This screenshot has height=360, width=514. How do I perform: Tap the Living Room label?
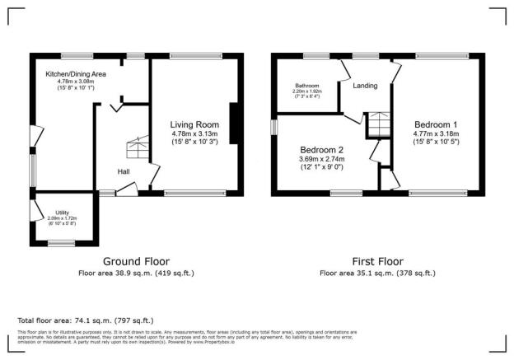(195, 124)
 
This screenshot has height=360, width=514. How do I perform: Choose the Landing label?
(366, 86)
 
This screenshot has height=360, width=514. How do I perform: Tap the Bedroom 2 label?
(322, 149)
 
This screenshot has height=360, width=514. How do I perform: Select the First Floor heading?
(376, 259)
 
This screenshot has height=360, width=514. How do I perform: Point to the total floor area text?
(85, 320)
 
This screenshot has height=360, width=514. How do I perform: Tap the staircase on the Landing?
(378, 124)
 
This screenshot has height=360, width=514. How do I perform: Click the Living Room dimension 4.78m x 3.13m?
(195, 133)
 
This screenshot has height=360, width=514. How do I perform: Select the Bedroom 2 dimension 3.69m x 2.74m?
(322, 158)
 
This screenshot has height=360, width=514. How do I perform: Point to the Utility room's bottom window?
(60, 242)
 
